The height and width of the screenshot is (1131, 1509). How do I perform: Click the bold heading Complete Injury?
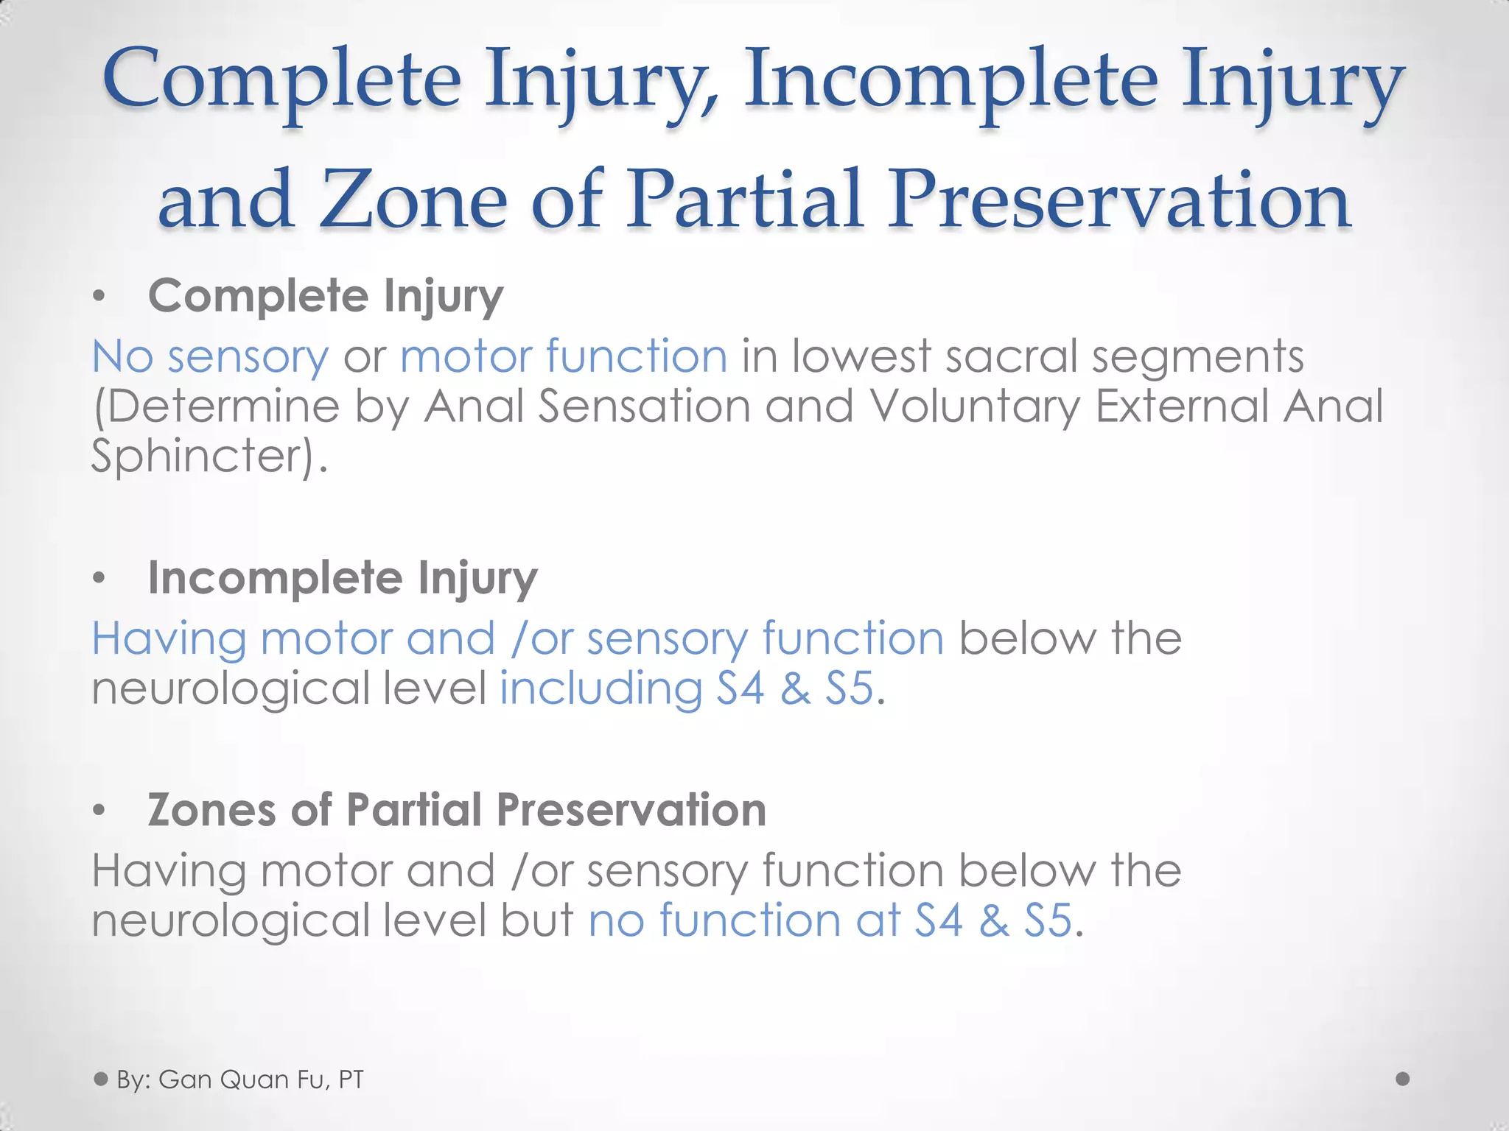325,296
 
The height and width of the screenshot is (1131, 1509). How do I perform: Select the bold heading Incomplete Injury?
343,578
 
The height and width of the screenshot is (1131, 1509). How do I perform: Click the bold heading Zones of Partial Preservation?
457,810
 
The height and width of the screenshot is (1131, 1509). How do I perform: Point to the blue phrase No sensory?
210,356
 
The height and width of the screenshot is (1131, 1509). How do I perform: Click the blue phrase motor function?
564,356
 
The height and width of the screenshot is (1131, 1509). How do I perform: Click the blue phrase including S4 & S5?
687,689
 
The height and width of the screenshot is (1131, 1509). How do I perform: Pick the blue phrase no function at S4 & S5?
830,921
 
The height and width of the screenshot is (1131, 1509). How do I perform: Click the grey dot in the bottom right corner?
1403,1079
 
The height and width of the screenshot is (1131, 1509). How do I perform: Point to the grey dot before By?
101,1079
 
